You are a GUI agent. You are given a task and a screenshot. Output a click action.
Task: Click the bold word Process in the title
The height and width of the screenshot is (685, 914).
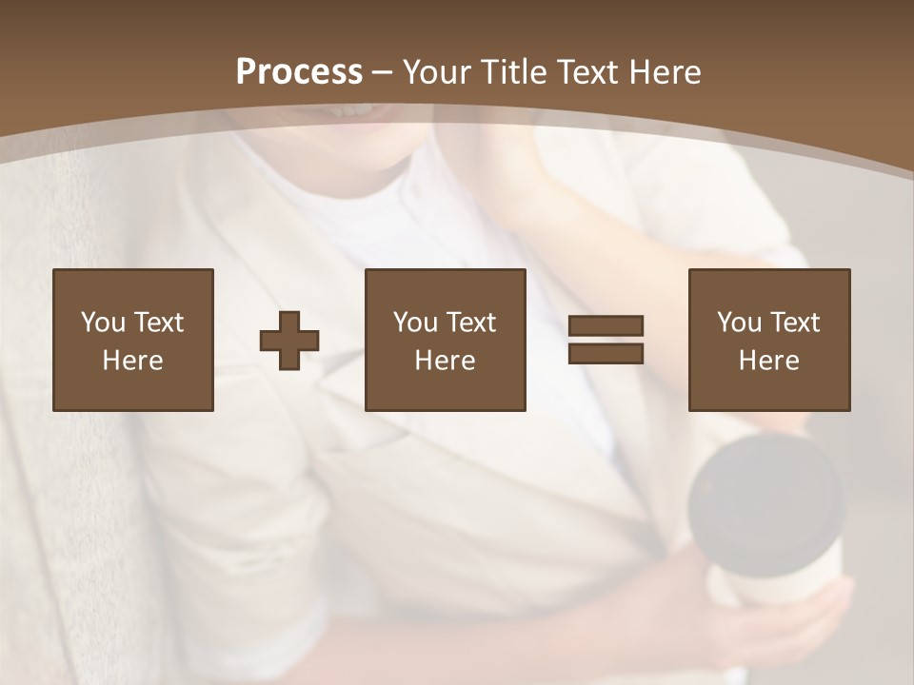pyautogui.click(x=299, y=72)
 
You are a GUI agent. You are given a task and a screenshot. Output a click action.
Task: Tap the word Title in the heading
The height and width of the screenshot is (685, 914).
pyautogui.click(x=513, y=72)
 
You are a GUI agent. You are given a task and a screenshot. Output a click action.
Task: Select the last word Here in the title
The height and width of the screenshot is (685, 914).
pyautogui.click(x=666, y=72)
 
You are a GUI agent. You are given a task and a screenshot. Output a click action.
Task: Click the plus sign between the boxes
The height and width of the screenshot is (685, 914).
pyautogui.click(x=289, y=341)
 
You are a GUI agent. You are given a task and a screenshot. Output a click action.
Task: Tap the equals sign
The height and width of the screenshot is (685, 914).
pyautogui.click(x=606, y=340)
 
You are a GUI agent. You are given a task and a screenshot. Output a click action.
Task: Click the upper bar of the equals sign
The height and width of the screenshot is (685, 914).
pyautogui.click(x=606, y=326)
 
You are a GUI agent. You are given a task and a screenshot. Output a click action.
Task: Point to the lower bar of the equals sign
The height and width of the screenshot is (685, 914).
pyautogui.click(x=606, y=354)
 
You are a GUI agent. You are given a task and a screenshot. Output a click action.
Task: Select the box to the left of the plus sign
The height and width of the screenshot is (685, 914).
pyautogui.click(x=132, y=340)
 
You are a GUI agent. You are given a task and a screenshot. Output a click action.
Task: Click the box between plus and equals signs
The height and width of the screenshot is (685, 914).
pyautogui.click(x=445, y=340)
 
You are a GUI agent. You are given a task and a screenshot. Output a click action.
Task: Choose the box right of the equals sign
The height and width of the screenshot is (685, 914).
pyautogui.click(x=768, y=340)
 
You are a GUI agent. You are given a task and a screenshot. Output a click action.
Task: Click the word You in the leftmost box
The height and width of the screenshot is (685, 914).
pyautogui.click(x=103, y=323)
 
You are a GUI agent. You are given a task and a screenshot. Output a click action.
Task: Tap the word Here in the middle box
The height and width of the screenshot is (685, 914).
pyautogui.click(x=445, y=361)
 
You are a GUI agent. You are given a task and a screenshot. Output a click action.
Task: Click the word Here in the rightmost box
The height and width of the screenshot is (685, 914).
pyautogui.click(x=768, y=361)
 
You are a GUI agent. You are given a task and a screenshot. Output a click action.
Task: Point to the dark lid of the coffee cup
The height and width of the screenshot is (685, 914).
pyautogui.click(x=765, y=495)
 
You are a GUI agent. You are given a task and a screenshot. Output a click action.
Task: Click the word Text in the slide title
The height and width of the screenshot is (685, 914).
pyautogui.click(x=586, y=72)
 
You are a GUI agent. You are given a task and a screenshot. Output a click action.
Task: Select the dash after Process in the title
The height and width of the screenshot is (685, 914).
pyautogui.click(x=383, y=72)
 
